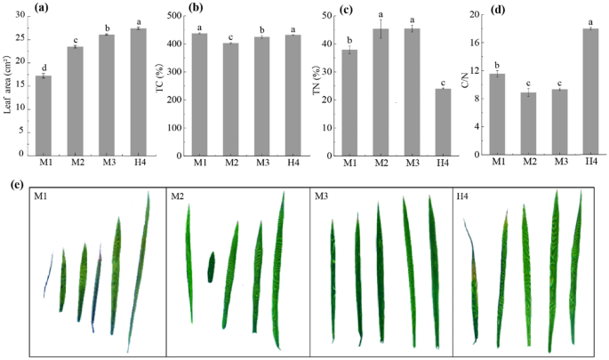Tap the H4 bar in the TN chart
[x=442, y=121]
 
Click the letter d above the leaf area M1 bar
[x=43, y=68]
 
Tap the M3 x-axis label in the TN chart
[x=412, y=163]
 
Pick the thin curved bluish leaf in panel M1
[x=48, y=275]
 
